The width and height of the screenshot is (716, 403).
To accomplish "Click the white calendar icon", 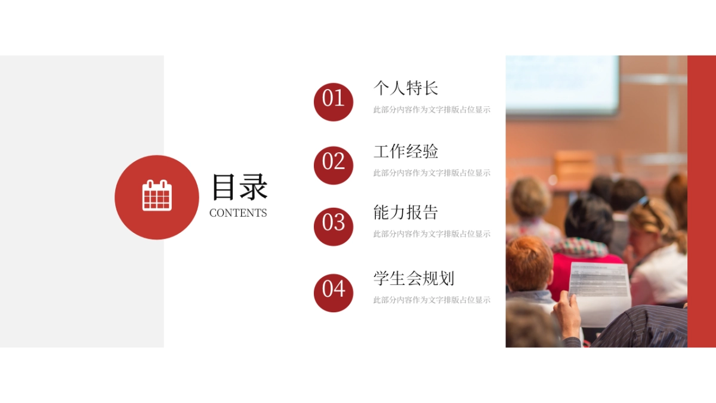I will point(157,195).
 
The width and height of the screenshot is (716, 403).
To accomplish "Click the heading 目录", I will point(239,187).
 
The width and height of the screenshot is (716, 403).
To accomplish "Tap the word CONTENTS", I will point(238,213).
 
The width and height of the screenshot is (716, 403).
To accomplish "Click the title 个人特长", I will point(406,88).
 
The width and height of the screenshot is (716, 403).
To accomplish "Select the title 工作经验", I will point(406,152).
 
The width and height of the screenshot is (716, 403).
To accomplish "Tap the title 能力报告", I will point(406,213).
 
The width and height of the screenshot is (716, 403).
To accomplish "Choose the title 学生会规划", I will point(413,278).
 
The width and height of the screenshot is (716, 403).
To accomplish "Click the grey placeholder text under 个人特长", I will point(431,110).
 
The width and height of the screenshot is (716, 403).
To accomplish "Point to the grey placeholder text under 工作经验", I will point(431,173).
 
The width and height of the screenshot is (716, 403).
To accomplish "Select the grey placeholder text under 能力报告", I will point(431,234).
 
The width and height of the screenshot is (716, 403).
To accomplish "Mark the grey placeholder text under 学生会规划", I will point(431,300).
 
